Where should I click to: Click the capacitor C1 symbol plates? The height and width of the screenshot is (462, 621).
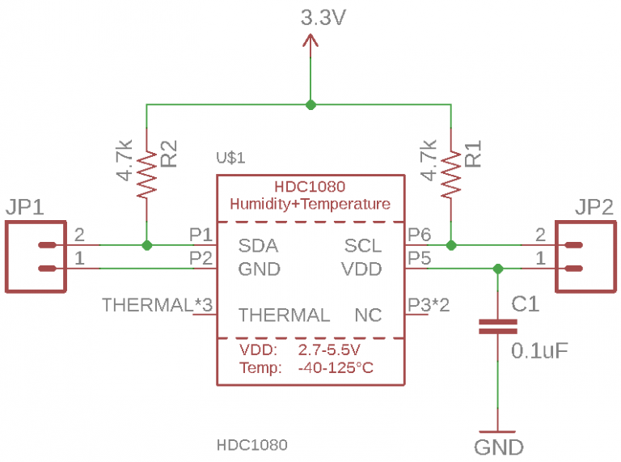click(497, 326)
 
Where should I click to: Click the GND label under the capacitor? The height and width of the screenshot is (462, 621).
click(498, 447)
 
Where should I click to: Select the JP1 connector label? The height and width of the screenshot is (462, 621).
click(28, 208)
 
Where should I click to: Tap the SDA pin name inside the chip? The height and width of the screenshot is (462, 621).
click(258, 245)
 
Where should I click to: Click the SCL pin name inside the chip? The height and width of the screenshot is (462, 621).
click(363, 245)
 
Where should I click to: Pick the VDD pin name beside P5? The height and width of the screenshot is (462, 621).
click(361, 269)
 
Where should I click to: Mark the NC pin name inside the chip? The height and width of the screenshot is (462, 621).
click(368, 315)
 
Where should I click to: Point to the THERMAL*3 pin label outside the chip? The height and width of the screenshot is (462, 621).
click(157, 305)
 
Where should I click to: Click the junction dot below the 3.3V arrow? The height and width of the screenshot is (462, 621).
click(310, 104)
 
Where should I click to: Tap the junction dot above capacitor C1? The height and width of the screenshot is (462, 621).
click(497, 269)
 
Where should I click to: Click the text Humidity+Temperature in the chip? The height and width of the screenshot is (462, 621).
click(310, 204)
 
